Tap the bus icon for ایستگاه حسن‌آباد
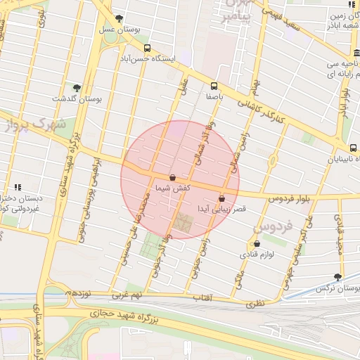tap(147, 49)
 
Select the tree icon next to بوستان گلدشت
tap(77, 88)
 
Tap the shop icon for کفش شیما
tap(173, 177)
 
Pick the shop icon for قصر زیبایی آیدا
tap(223, 198)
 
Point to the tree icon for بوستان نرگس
tap(338, 277)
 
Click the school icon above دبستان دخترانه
tap(18, 187)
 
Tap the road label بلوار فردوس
tap(288, 199)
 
